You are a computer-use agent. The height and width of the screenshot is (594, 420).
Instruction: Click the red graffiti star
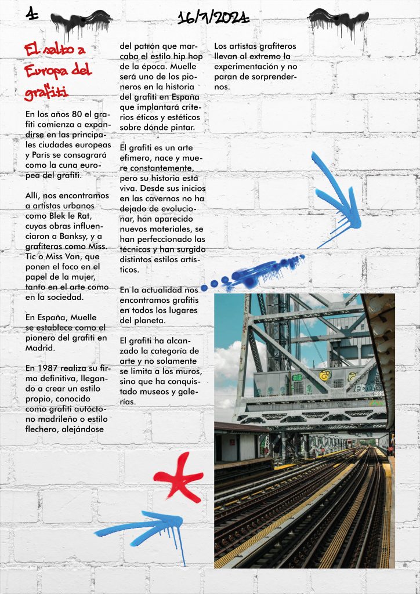tap(180, 477)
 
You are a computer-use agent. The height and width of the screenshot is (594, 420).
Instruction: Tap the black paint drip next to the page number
tap(81, 21)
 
